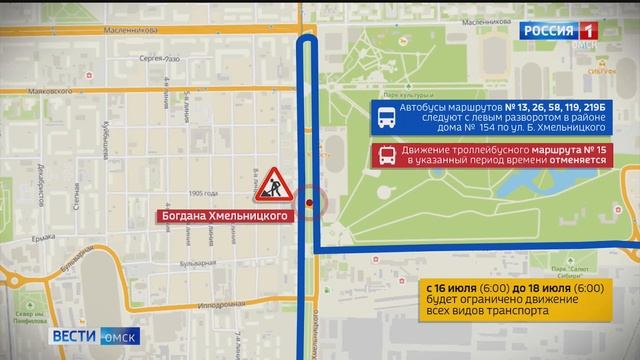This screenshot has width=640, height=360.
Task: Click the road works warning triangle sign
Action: tap(271, 184)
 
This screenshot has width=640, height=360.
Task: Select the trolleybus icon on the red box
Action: tap(386, 155)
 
